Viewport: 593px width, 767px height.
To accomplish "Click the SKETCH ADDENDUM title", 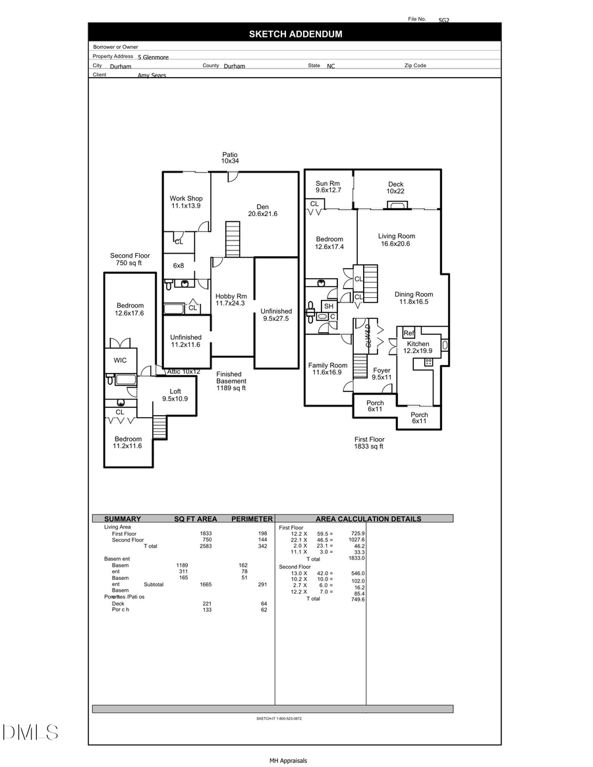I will pyautogui.click(x=295, y=34).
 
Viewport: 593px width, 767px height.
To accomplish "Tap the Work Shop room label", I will pyautogui.click(x=186, y=202).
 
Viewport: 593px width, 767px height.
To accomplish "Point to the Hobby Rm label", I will pyautogui.click(x=231, y=300).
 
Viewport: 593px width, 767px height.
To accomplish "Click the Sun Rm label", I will pyautogui.click(x=328, y=187).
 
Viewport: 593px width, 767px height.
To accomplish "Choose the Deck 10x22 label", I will pyautogui.click(x=395, y=188).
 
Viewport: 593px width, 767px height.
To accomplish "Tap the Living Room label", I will pyautogui.click(x=397, y=240).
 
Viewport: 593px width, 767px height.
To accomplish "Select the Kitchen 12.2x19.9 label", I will pyautogui.click(x=418, y=347).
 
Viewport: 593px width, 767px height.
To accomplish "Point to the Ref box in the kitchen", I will pyautogui.click(x=409, y=333).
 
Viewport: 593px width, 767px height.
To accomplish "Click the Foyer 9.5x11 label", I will pyautogui.click(x=381, y=374).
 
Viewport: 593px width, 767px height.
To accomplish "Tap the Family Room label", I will pyautogui.click(x=327, y=369).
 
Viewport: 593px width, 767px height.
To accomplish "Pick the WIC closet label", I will pyautogui.click(x=120, y=360).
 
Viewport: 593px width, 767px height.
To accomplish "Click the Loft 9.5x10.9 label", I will pyautogui.click(x=175, y=395).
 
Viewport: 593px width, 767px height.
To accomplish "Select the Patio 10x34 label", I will pyautogui.click(x=229, y=157).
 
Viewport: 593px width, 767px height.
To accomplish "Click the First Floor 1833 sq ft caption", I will pyautogui.click(x=369, y=443).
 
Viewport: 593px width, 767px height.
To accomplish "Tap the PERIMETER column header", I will pyautogui.click(x=252, y=519).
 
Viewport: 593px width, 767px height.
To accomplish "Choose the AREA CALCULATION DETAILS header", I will pyautogui.click(x=368, y=519).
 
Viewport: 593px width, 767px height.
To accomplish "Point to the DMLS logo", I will pyautogui.click(x=30, y=731).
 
